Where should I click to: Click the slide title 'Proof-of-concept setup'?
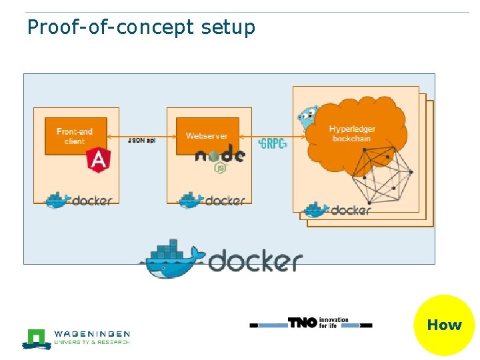141,27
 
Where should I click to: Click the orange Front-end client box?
75,136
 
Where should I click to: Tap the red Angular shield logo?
98,159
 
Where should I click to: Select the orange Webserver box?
207,135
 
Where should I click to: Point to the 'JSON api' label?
141,140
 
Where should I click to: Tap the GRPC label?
273,143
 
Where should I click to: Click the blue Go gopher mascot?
307,118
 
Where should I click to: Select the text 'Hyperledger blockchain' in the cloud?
353,133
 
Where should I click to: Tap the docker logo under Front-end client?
79,199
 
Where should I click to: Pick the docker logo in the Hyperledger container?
336,210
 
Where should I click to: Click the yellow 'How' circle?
444,325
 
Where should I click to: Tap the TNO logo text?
303,323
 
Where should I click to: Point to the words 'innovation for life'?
333,323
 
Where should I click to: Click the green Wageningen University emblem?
37,338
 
